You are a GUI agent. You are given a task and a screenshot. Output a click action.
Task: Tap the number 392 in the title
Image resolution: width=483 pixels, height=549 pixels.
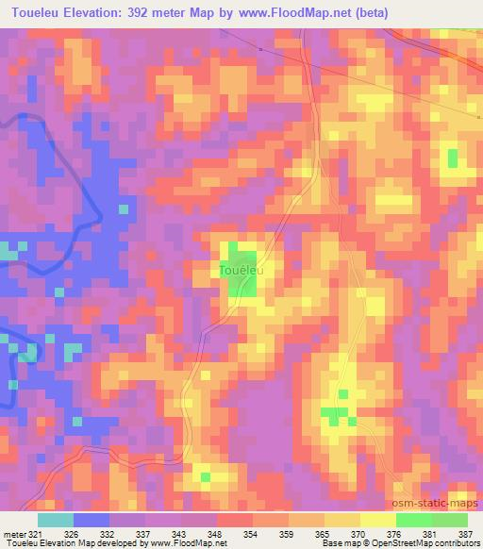point(159,13)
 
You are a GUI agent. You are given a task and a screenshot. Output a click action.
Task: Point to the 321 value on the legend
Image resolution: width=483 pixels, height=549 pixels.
point(35,533)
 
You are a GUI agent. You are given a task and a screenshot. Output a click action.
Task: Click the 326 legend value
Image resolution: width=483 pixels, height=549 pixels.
point(74,533)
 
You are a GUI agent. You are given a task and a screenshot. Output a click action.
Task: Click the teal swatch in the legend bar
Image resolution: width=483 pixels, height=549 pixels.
point(56,520)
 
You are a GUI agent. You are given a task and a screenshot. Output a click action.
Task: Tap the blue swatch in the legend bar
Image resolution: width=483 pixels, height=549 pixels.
point(92,520)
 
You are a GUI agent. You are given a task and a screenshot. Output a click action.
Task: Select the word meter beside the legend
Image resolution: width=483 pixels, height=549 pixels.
point(12,533)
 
